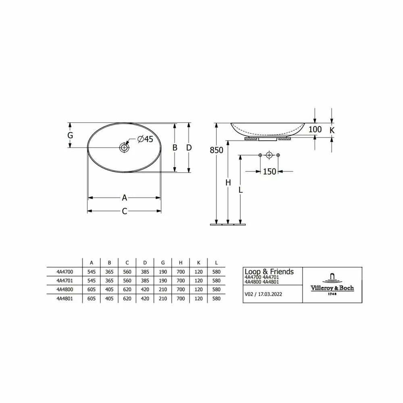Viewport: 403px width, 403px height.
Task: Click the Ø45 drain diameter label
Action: click(x=145, y=139)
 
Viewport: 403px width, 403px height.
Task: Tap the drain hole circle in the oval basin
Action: click(x=125, y=147)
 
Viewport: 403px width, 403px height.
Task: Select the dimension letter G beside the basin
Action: click(x=70, y=135)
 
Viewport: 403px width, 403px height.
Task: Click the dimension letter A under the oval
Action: click(x=125, y=197)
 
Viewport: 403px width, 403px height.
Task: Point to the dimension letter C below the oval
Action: click(x=125, y=211)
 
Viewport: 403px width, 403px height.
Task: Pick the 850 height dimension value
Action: click(x=216, y=150)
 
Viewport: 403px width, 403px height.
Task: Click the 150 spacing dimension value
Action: click(x=269, y=171)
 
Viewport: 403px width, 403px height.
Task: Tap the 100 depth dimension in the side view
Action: click(x=315, y=129)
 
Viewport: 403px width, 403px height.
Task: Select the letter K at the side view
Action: click(x=332, y=130)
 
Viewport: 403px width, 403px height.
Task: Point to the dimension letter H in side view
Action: click(x=228, y=183)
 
